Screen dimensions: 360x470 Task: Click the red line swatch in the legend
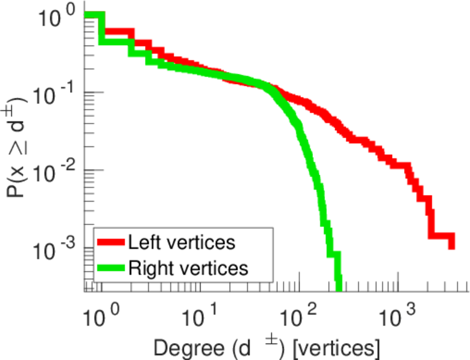tap(111, 243)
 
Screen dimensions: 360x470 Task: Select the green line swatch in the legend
tap(111, 268)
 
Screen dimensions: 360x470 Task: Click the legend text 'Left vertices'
tap(181, 242)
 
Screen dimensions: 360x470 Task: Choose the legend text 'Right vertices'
tap(187, 268)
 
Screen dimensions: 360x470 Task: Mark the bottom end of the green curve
tap(338, 288)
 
